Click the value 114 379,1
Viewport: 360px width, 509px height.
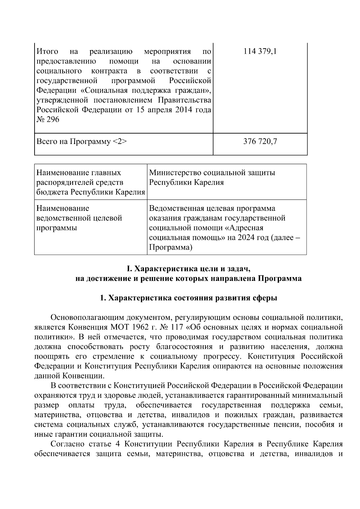[260, 52]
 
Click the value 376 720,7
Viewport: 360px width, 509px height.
[260, 141]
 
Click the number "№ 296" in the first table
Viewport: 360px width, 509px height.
[48, 119]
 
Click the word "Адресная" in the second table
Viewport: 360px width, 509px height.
[247, 228]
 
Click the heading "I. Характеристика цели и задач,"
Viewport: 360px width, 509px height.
[188, 268]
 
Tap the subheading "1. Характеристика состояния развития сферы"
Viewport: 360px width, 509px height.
[188, 298]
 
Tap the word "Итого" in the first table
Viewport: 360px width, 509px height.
[47, 52]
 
